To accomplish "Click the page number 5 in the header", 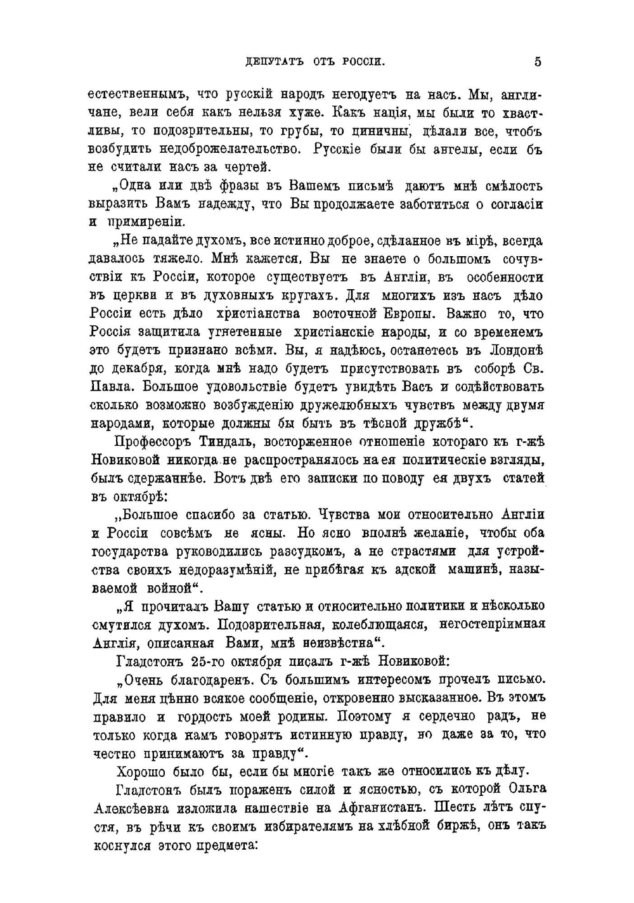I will pos(538,62).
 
